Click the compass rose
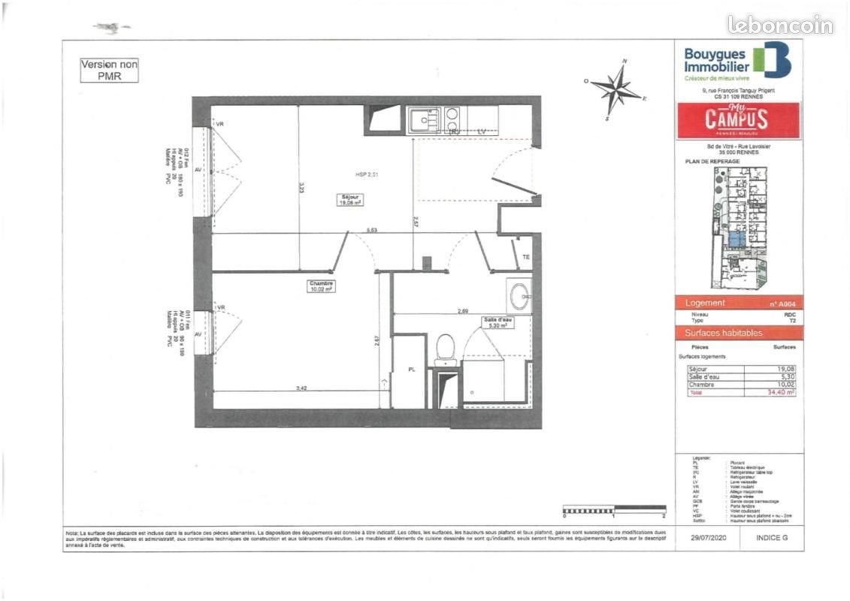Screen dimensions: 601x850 tap(617, 90)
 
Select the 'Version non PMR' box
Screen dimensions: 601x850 tap(110, 71)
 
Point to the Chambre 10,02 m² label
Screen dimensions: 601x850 tap(320, 285)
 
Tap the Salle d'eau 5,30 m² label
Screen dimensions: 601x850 tap(498, 323)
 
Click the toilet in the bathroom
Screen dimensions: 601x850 tap(446, 349)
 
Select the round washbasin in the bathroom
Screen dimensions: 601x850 tap(519, 296)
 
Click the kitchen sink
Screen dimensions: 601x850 tap(425, 119)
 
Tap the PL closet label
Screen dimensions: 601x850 tap(411, 370)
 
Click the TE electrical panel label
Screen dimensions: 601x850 tap(526, 257)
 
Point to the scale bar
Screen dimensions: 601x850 tap(614, 512)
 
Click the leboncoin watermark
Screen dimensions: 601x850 tap(779, 25)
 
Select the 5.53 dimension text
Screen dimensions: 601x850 tap(372, 230)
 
